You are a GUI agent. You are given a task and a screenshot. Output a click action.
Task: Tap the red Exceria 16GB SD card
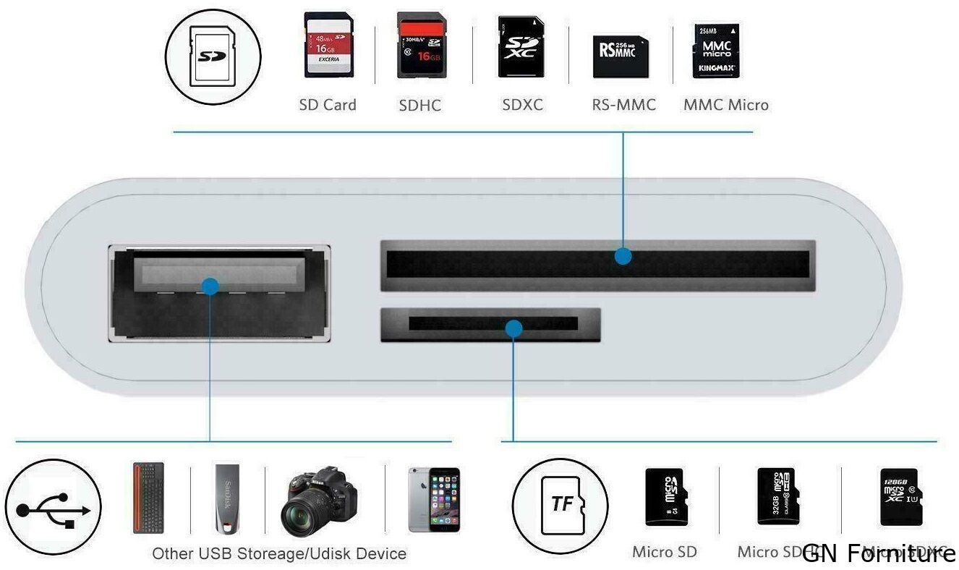(329, 45)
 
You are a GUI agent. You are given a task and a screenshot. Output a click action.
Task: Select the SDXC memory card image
(521, 48)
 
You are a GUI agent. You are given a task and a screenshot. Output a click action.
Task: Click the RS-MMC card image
(621, 56)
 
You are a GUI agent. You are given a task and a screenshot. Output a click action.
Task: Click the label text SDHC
(419, 106)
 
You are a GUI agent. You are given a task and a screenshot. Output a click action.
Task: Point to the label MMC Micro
(725, 105)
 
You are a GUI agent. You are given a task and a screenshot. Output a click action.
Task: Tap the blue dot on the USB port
(210, 286)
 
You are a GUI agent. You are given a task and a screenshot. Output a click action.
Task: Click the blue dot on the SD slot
(623, 256)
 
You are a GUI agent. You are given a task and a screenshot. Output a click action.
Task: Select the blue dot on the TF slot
(513, 329)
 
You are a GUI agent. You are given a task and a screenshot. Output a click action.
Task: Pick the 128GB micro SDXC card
(899, 496)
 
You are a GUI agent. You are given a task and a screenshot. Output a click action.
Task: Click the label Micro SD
(664, 552)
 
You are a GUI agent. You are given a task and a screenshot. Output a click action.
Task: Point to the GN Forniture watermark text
(878, 553)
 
